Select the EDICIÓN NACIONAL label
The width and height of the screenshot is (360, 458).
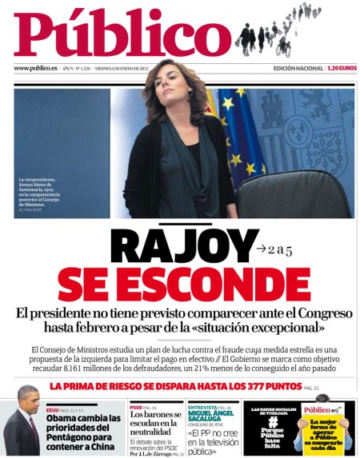(x=298, y=69)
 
